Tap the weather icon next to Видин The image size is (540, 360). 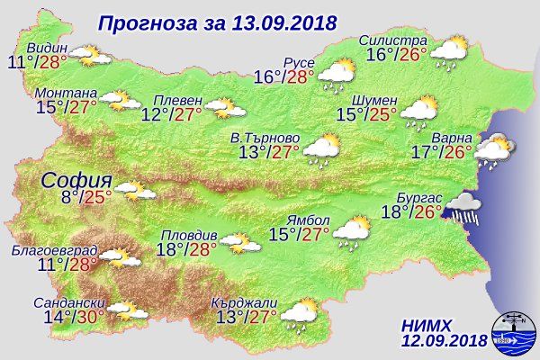(90, 58)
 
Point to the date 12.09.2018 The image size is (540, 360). (445, 340)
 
